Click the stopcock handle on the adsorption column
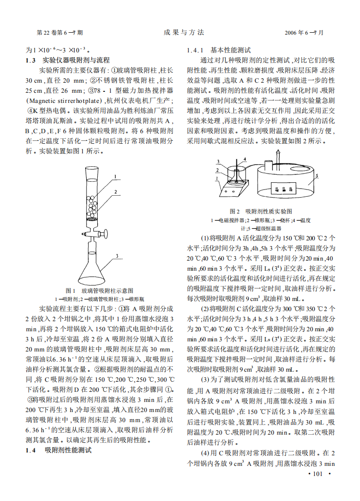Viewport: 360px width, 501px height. coord(85,234)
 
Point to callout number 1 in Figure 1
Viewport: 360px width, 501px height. coord(116,177)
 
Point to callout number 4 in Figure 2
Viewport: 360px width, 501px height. coord(244,158)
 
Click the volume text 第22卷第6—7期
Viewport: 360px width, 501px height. coord(60,33)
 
